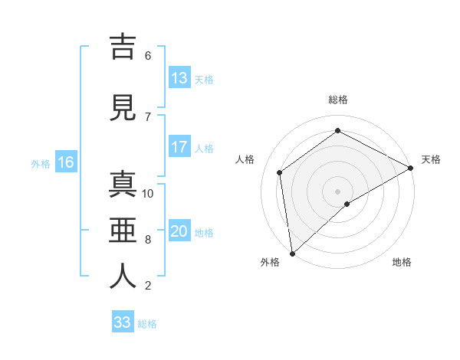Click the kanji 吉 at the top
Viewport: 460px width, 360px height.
[x=123, y=47]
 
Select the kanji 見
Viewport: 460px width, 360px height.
[x=123, y=109]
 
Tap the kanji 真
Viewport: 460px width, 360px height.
[x=123, y=186]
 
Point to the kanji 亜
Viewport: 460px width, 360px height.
[x=123, y=231]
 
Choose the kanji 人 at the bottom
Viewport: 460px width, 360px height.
[x=123, y=277]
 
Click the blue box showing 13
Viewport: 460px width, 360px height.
[x=179, y=78]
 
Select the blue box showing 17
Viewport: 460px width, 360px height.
[x=179, y=147]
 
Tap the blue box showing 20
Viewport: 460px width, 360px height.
[x=179, y=231]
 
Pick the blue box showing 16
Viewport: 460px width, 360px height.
[x=66, y=162]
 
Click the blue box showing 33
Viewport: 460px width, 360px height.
[x=123, y=322]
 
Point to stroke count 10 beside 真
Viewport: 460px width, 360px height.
[x=149, y=194]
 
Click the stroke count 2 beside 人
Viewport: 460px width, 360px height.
[x=148, y=286]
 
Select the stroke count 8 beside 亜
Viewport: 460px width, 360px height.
[x=148, y=240]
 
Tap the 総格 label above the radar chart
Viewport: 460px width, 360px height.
[x=338, y=100]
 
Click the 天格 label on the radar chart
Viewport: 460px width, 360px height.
[x=431, y=159]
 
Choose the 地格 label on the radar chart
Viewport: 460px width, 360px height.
[x=402, y=262]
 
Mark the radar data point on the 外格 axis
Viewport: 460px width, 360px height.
[x=292, y=253]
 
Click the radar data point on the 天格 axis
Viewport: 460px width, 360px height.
[x=411, y=167]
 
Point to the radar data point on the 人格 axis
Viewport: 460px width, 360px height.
[x=280, y=172]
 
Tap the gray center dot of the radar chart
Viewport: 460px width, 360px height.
[x=338, y=191]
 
